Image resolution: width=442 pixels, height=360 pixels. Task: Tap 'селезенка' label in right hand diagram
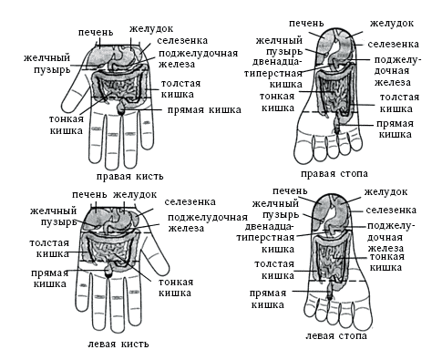[x=183, y=42]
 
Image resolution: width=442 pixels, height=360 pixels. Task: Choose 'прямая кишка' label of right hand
[x=204, y=109]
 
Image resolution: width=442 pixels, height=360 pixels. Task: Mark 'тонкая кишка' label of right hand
[x=67, y=124]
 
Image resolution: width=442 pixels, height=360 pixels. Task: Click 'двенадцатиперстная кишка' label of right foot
[x=275, y=73]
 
